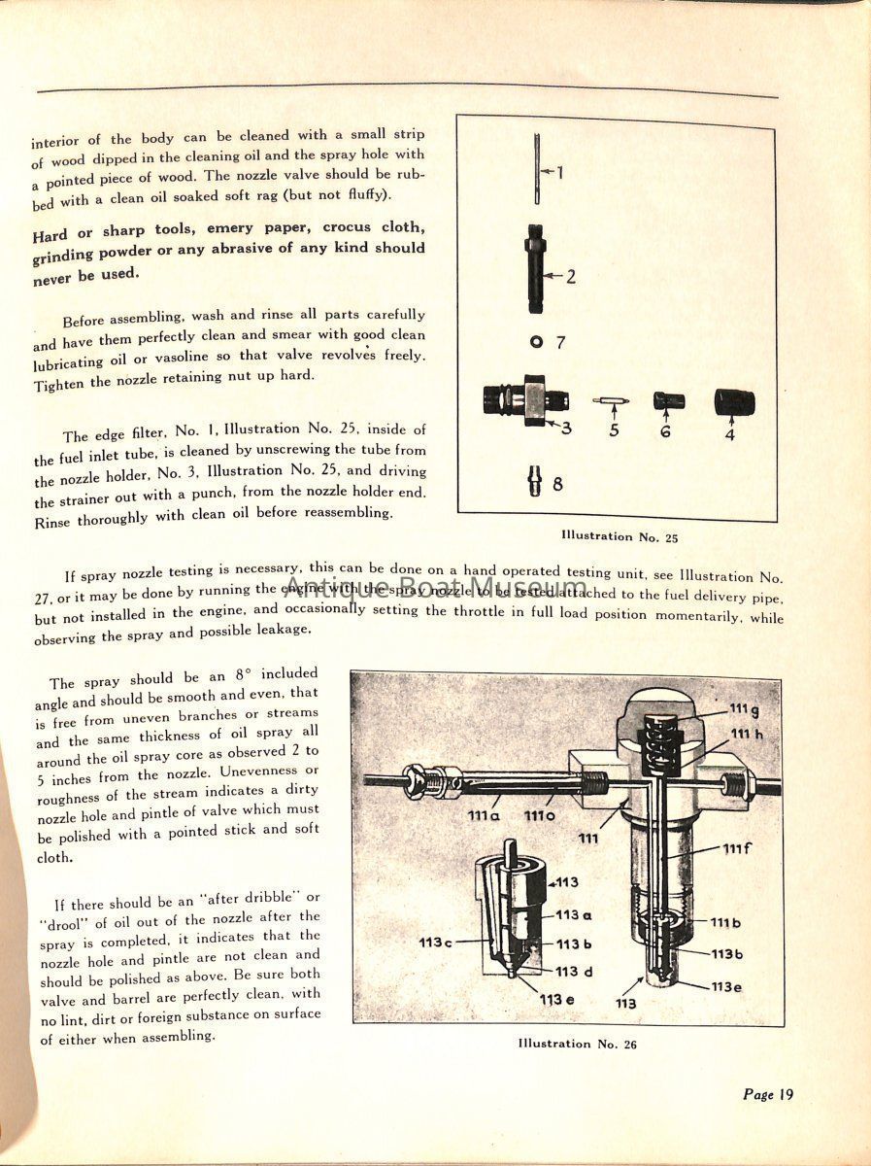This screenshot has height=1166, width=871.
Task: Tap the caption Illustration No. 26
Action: tap(581, 1044)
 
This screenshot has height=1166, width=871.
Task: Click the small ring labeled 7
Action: tap(535, 341)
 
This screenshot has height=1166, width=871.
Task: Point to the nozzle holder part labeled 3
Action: tap(525, 398)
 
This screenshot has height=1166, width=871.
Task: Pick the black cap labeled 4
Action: tap(734, 402)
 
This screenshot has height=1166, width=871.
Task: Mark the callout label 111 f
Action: tap(737, 848)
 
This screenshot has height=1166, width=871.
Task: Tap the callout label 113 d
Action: tap(569, 971)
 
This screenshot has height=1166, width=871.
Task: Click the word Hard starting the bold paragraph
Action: tap(50, 234)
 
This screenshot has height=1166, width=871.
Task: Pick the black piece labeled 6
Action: tap(668, 401)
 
